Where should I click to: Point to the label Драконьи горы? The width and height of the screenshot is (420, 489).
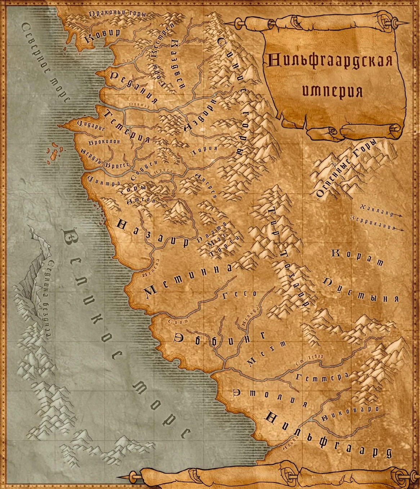tap(117, 14)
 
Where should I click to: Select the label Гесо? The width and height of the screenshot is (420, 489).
tap(240, 295)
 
